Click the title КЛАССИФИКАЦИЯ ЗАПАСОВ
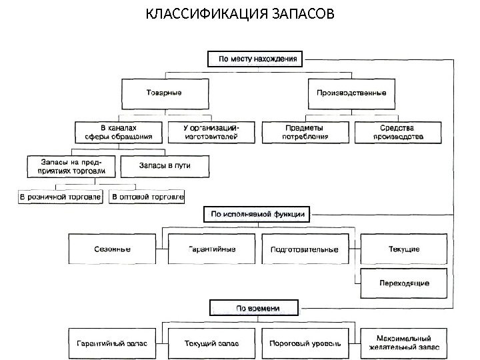[x=241, y=14]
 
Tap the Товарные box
[x=163, y=93]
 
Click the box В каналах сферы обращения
[x=118, y=131]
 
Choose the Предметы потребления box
[x=305, y=131]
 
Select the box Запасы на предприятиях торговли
[x=72, y=166]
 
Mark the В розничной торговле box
[x=60, y=197]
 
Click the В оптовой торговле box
[x=147, y=197]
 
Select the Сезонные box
[x=116, y=250]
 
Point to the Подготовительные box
[x=305, y=250]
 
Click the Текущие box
[x=403, y=250]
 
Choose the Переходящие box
[x=403, y=283]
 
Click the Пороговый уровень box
[x=305, y=344]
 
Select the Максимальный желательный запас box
[x=403, y=344]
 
